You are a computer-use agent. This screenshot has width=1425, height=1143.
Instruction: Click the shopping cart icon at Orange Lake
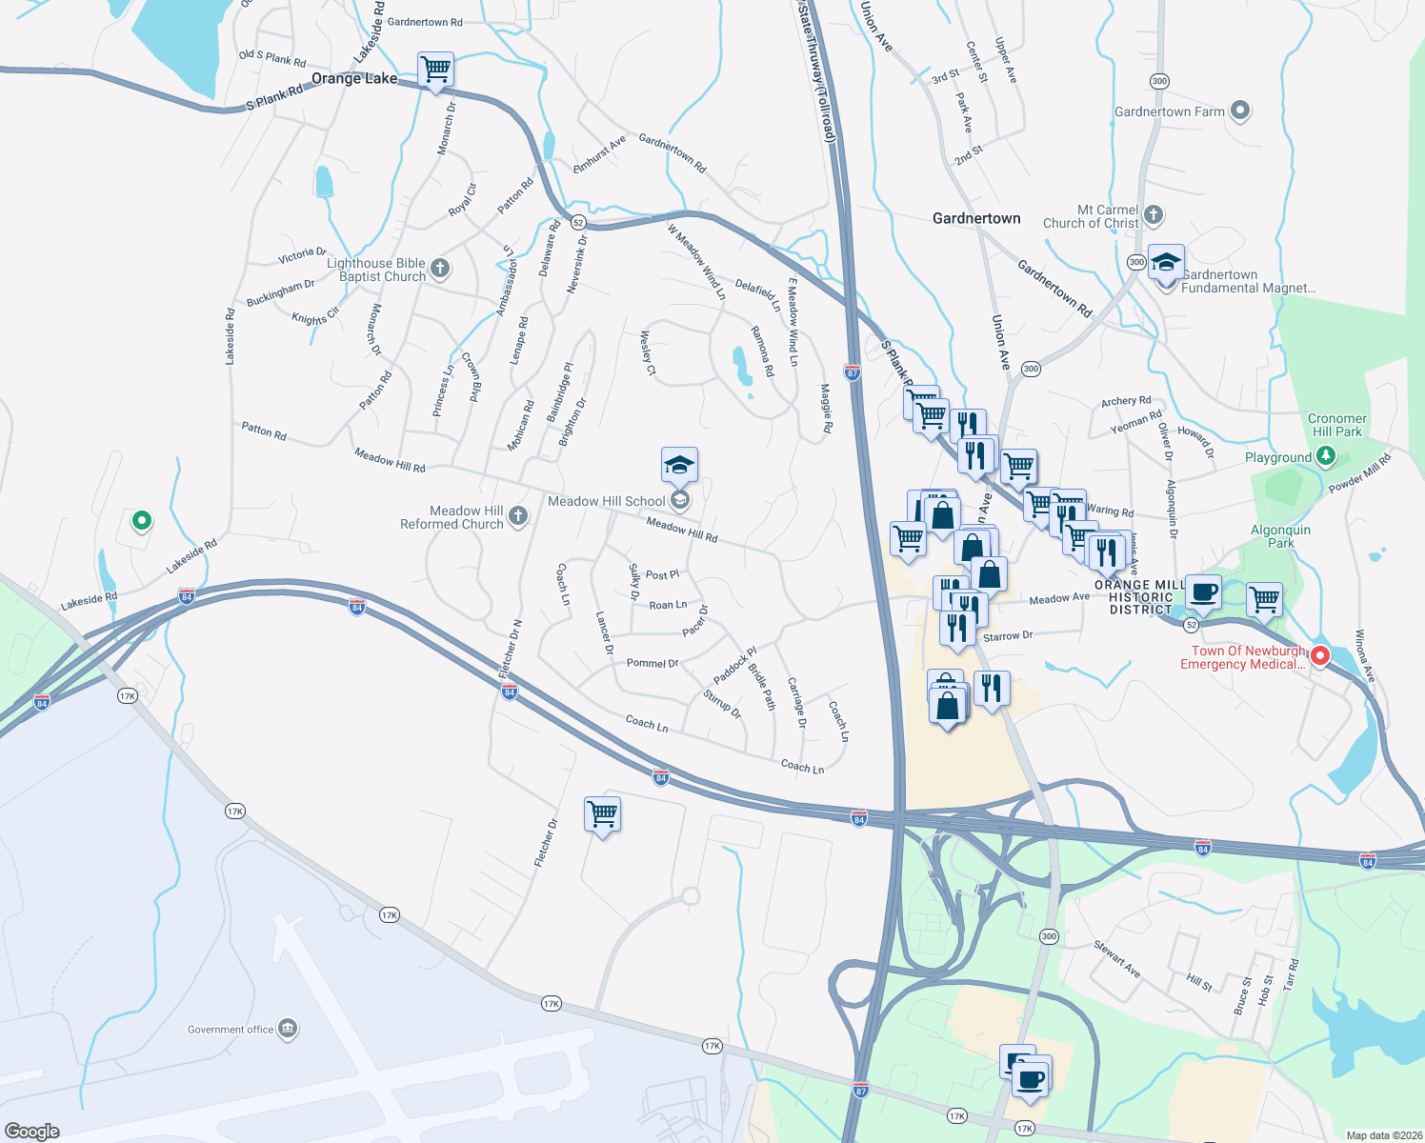pyautogui.click(x=435, y=70)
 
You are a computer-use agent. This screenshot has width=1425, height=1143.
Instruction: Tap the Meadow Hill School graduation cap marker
pyautogui.click(x=679, y=466)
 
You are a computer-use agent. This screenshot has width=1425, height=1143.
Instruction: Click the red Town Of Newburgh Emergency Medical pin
pyautogui.click(x=1320, y=655)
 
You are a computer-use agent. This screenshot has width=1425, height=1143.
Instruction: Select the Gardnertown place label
pyautogui.click(x=976, y=218)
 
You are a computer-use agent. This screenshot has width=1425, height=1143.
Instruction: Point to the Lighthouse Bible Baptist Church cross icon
pyautogui.click(x=440, y=269)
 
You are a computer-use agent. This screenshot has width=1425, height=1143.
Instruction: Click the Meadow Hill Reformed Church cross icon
pyautogui.click(x=517, y=516)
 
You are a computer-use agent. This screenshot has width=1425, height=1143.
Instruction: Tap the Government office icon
pyautogui.click(x=288, y=1029)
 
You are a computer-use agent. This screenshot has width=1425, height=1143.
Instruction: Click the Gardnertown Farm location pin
pyautogui.click(x=1239, y=110)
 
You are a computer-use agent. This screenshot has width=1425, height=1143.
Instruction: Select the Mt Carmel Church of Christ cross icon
pyautogui.click(x=1154, y=214)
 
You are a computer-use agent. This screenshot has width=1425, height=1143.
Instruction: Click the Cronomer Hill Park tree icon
pyautogui.click(x=1325, y=456)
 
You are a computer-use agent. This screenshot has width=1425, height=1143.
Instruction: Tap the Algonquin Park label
pyautogui.click(x=1280, y=536)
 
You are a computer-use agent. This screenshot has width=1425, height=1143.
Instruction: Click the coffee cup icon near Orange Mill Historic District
pyautogui.click(x=1203, y=592)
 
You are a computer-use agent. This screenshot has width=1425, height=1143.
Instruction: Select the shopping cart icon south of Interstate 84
pyautogui.click(x=602, y=815)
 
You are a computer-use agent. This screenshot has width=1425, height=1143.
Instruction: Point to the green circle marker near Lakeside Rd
pyautogui.click(x=141, y=520)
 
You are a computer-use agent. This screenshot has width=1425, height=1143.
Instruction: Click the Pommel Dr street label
pyautogui.click(x=652, y=663)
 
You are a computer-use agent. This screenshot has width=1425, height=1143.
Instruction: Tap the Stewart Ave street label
pyautogui.click(x=1116, y=958)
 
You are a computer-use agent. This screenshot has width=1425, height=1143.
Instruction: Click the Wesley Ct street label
pyautogui.click(x=648, y=352)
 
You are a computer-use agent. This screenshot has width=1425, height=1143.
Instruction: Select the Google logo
pyautogui.click(x=31, y=1131)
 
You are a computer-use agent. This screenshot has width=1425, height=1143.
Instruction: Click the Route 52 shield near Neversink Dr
pyautogui.click(x=577, y=223)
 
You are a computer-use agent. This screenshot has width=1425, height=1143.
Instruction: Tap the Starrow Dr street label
pyautogui.click(x=1007, y=636)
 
